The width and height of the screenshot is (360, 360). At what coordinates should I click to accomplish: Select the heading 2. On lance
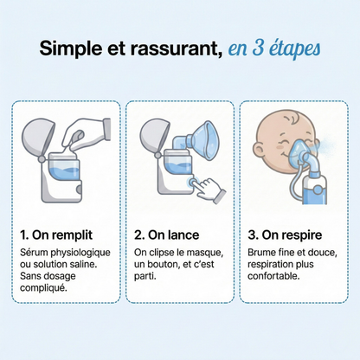pyautogui.click(x=170, y=234)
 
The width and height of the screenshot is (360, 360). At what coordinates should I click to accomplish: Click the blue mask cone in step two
pyautogui.click(x=207, y=139)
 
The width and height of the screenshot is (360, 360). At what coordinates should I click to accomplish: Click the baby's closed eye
pyautogui.click(x=280, y=148)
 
